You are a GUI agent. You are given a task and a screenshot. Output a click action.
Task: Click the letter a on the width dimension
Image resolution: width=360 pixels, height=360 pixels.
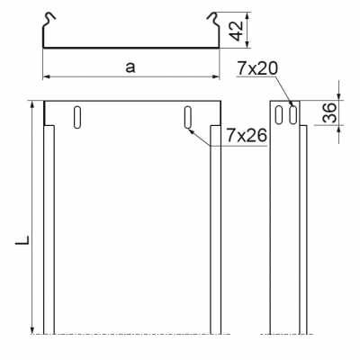[131, 66]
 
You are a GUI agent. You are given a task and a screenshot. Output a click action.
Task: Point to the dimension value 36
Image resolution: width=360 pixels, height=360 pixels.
[329, 113]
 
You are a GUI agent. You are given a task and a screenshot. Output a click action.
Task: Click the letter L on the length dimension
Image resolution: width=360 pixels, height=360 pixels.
[21, 241]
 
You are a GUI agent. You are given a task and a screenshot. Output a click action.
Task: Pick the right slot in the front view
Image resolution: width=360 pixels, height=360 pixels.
[187, 117]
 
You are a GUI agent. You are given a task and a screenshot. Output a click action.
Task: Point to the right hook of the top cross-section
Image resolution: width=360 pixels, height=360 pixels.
[215, 17]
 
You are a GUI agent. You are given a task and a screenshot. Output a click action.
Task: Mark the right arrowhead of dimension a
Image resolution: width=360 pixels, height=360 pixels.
[219, 78]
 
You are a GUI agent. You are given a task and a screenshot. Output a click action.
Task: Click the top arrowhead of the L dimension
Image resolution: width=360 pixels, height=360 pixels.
[33, 103]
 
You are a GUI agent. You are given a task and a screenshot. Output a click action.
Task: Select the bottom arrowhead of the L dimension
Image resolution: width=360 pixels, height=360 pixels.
[33, 331]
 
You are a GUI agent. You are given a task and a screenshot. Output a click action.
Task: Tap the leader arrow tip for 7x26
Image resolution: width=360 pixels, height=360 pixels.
[189, 125]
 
